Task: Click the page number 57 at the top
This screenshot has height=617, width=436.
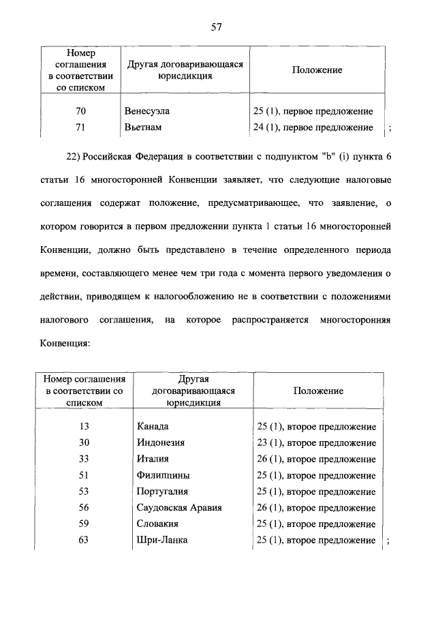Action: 217,27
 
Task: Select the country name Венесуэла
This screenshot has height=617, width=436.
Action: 147,110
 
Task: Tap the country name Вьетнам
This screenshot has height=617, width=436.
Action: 144,127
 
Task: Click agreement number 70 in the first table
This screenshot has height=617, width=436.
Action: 80,110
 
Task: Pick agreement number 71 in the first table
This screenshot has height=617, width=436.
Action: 80,127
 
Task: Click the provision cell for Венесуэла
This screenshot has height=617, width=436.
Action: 313,110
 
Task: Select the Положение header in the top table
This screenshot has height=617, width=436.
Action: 317,70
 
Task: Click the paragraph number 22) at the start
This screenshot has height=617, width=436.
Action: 74,157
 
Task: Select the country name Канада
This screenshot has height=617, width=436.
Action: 153,426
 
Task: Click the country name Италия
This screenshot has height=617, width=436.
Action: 153,459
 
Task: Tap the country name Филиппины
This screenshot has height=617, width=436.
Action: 163,475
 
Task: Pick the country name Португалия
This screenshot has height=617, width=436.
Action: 162,492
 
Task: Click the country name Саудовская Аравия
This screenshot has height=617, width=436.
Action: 179,508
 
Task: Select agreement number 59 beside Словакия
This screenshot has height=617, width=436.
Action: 84,524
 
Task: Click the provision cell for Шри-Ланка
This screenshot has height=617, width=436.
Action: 314,540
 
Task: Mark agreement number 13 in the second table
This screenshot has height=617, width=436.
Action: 84,426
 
